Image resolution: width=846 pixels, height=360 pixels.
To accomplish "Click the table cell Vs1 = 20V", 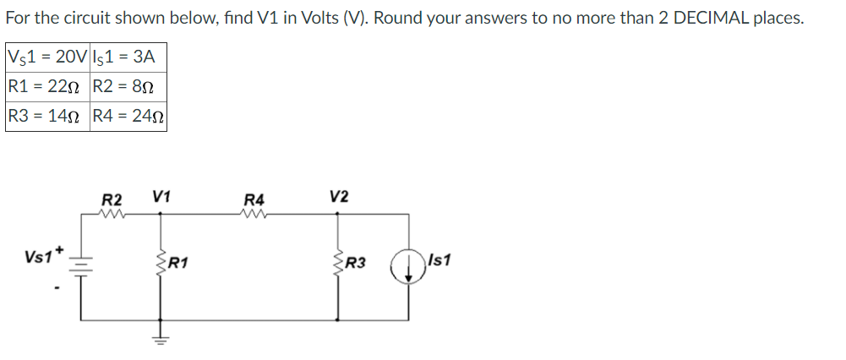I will (x=46, y=57).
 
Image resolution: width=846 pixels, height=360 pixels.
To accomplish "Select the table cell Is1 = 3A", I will (x=128, y=57).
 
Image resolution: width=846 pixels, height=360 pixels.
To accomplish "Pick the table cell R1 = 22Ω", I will (x=46, y=86).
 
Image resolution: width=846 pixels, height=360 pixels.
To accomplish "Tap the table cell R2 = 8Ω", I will (x=128, y=86).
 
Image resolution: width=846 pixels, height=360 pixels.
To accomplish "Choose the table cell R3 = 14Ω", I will (x=46, y=116).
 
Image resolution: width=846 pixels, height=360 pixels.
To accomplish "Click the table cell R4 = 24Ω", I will (x=128, y=116).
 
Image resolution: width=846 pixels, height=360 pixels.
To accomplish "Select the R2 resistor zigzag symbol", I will (x=112, y=214).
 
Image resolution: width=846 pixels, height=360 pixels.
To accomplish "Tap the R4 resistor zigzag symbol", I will (x=254, y=214).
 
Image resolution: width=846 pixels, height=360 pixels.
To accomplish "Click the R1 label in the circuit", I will (x=177, y=262).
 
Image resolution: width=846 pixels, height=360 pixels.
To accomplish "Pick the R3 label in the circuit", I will (x=355, y=264).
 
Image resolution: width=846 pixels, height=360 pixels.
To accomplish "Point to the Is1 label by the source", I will (x=439, y=260).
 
